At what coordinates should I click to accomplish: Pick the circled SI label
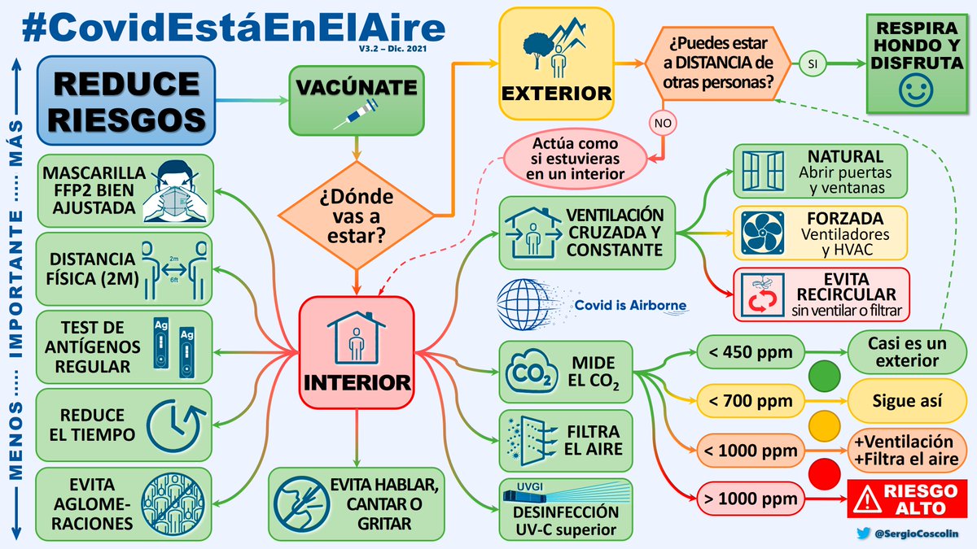pyautogui.click(x=812, y=63)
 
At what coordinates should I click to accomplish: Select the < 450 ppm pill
pyautogui.click(x=749, y=352)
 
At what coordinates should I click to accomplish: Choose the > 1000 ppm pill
pyautogui.click(x=749, y=498)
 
